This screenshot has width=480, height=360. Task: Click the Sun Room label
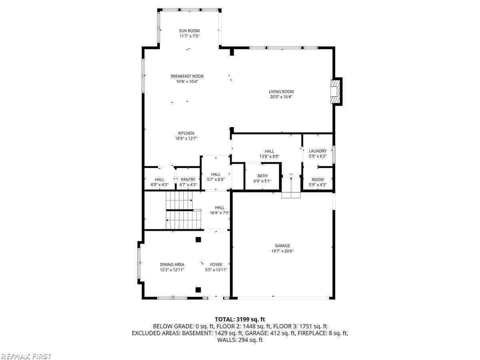189,31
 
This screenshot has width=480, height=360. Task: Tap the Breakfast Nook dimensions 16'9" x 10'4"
187,82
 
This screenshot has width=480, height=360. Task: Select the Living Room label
281,92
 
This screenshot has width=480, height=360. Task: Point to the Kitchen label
186,133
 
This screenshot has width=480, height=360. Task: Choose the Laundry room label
318,151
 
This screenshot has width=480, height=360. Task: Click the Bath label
262,176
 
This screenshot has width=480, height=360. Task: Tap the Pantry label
188,180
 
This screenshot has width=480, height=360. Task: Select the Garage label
282,246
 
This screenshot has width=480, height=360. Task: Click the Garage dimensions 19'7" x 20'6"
282,251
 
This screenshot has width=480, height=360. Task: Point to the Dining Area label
172,264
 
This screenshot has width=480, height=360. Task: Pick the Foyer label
216,264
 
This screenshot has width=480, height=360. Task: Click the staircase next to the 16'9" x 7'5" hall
180,210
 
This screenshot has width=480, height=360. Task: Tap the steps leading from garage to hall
291,188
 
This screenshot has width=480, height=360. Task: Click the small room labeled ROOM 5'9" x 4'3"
318,182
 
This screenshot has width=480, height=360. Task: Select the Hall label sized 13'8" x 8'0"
269,151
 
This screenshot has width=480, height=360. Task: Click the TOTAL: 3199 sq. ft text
240,319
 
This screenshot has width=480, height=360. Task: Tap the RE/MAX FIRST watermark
26,356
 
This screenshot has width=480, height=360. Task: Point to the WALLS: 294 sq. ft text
240,340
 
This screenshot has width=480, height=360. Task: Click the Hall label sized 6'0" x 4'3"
159,180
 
